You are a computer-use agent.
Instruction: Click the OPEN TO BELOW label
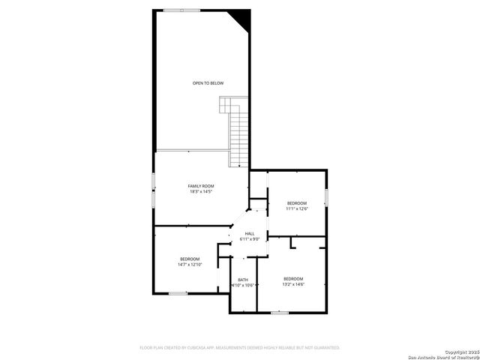point(208,82)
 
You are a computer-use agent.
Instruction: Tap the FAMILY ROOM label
point(201,185)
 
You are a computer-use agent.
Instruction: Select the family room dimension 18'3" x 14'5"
point(201,192)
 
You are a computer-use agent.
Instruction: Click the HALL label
point(250,233)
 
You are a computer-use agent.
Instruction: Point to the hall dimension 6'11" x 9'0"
point(250,239)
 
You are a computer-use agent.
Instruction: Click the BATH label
point(243,279)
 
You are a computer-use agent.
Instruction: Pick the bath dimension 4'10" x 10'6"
point(243,285)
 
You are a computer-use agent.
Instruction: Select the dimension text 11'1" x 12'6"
point(297,208)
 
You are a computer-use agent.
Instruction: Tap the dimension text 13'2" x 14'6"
point(293,284)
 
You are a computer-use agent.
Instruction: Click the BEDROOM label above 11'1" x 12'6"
point(297,202)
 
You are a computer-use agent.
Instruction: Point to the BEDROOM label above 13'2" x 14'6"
point(293,278)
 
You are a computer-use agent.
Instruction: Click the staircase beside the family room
point(238,135)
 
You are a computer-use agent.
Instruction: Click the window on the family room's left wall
point(154,190)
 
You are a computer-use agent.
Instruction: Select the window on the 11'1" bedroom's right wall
point(327,196)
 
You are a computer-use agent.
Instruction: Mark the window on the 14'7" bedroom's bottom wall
point(177,293)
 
